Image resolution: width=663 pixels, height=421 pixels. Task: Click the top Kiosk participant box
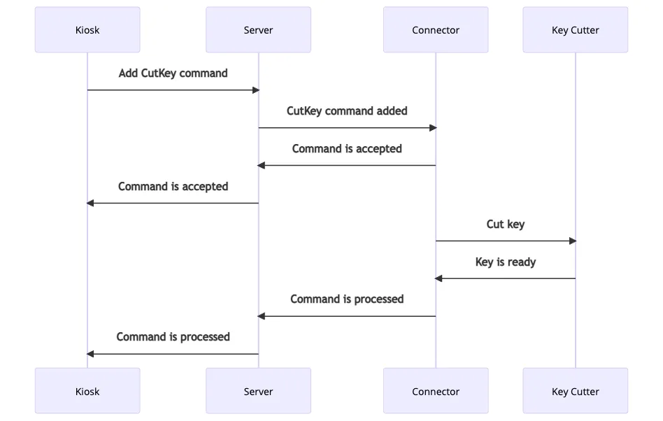pyautogui.click(x=87, y=30)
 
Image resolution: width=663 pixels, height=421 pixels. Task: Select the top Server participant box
pyautogui.click(x=258, y=30)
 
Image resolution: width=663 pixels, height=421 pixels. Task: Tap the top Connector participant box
pyautogui.click(x=436, y=30)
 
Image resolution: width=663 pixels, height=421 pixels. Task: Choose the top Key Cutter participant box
pyautogui.click(x=575, y=30)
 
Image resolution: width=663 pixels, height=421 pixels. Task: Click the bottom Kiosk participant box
pyautogui.click(x=87, y=392)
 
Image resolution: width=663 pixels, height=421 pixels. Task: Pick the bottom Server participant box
pyautogui.click(x=258, y=392)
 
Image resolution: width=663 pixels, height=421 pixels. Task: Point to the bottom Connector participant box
pyautogui.click(x=436, y=392)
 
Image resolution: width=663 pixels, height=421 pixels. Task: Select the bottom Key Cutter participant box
pyautogui.click(x=575, y=392)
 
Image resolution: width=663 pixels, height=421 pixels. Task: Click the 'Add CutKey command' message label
pyautogui.click(x=173, y=73)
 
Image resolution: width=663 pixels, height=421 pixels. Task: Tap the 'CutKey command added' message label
pyautogui.click(x=347, y=111)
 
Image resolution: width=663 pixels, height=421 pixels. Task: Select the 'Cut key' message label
pyautogui.click(x=506, y=224)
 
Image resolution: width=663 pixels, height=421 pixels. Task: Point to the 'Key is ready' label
pyautogui.click(x=506, y=262)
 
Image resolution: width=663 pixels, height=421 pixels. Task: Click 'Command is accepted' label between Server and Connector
pyautogui.click(x=347, y=149)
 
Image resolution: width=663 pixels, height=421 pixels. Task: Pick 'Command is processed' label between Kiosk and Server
pyautogui.click(x=173, y=337)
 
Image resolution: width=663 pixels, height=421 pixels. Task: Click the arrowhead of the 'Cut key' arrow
pyautogui.click(x=572, y=241)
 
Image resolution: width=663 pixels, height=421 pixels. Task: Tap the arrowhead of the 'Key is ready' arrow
pyautogui.click(x=439, y=278)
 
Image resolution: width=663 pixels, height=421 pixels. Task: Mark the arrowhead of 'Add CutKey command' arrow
pyautogui.click(x=255, y=90)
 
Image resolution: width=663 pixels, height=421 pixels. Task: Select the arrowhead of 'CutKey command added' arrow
pyautogui.click(x=432, y=127)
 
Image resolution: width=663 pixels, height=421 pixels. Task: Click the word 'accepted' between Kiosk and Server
pyautogui.click(x=206, y=187)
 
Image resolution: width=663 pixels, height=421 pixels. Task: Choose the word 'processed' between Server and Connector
pyautogui.click(x=378, y=299)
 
